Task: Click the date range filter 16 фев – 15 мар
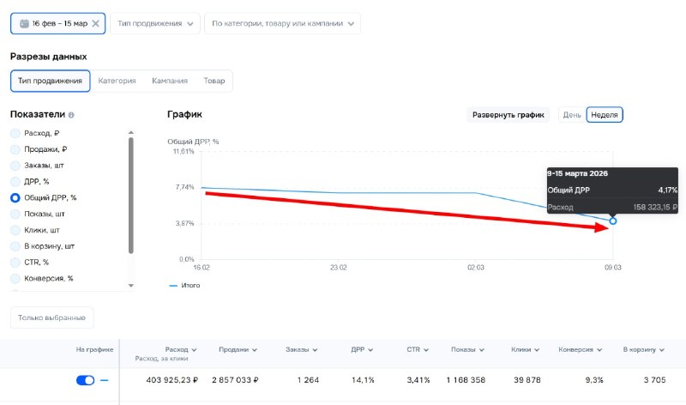(57, 24)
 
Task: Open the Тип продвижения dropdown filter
(155, 24)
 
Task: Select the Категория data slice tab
(117, 81)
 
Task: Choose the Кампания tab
(170, 81)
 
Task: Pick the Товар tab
(214, 81)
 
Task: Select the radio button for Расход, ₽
(15, 134)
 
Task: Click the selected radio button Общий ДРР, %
(15, 198)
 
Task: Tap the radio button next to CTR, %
(15, 263)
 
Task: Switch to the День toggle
(572, 115)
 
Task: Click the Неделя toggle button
(605, 115)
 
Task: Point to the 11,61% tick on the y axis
(184, 152)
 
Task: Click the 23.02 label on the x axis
(339, 268)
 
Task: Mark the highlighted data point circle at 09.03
(613, 221)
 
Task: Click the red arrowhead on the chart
(601, 227)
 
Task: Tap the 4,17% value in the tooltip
(668, 190)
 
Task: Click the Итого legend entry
(184, 286)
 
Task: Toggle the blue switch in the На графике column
(85, 380)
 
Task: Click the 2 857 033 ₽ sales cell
(235, 380)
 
